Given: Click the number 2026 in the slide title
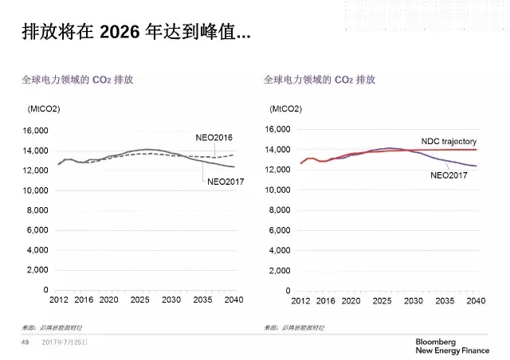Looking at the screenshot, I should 117,33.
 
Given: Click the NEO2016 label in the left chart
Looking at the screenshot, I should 214,138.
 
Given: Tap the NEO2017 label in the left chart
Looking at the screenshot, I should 226,182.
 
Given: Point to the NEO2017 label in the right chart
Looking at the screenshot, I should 449,174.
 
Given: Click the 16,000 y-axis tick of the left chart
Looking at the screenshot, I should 36,131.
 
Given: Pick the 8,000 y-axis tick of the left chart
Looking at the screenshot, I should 38,210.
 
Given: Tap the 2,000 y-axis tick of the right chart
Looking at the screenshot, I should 280,269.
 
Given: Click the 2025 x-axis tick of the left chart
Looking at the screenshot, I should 139,300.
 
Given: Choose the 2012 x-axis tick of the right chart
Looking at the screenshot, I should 300,300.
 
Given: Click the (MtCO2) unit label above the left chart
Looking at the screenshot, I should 45,108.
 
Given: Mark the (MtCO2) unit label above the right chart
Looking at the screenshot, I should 286,108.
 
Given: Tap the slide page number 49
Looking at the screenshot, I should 24,342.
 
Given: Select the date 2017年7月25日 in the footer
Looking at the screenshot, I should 65,342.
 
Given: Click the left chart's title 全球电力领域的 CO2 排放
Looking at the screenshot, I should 76,80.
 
